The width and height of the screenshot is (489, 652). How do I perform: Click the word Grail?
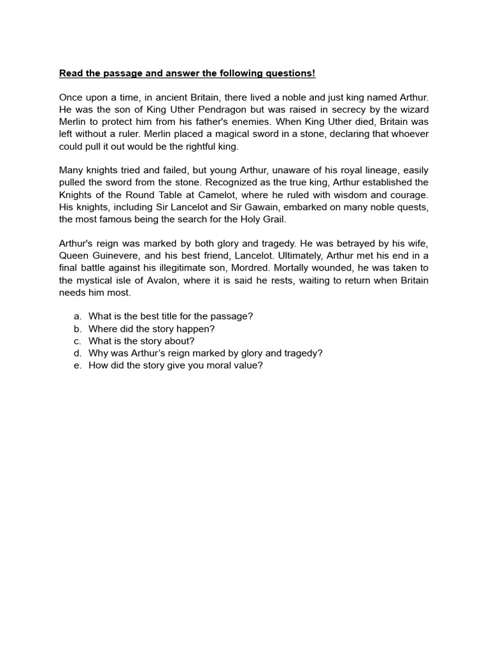[271, 219]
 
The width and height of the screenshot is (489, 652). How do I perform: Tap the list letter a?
[77, 316]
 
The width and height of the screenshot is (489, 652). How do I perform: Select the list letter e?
[77, 365]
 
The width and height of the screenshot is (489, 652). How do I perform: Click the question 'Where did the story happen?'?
[152, 329]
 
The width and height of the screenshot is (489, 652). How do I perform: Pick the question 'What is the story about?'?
[141, 341]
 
